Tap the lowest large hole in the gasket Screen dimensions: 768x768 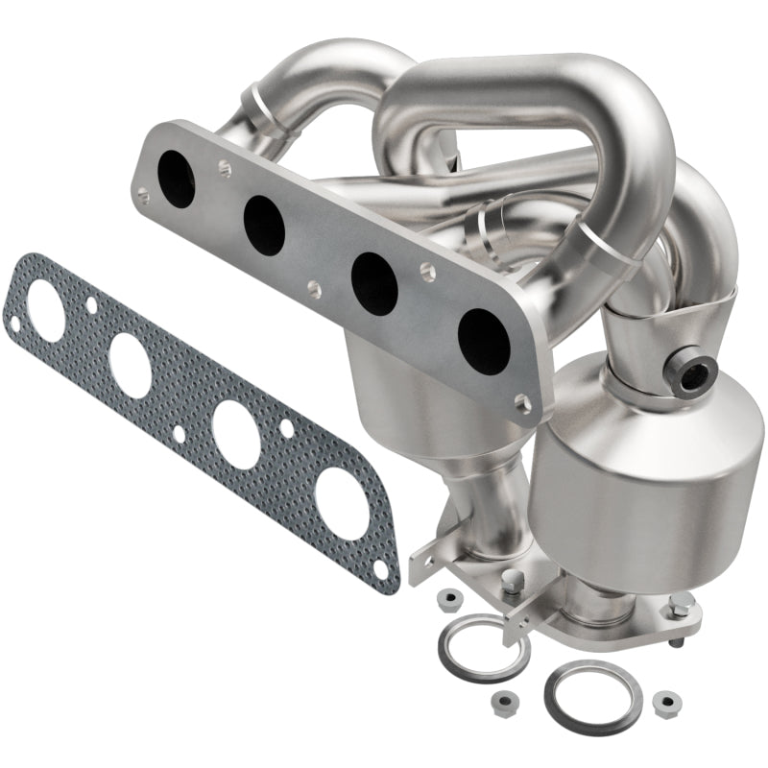(x=340, y=502)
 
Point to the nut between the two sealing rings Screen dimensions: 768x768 (x=531, y=700)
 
